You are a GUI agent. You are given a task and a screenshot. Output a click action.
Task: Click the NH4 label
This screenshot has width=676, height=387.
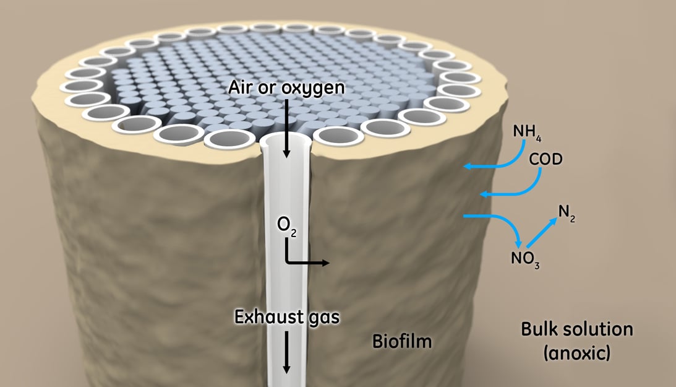coord(527,133)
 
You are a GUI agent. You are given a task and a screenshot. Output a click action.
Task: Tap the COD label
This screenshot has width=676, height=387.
coord(546,160)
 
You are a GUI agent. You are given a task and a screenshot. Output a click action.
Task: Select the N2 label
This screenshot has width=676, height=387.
coord(567,213)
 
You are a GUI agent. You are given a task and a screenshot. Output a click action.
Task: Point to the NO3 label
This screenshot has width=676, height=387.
coord(525,259)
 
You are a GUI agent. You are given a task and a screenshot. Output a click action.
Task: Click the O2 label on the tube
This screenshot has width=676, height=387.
coord(286,227)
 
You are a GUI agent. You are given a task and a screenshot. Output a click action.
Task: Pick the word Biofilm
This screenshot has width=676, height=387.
coord(401,341)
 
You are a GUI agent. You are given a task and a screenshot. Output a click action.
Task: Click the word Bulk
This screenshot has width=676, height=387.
coord(541,329)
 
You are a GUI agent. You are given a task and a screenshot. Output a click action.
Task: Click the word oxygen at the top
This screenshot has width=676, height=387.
coord(313,89)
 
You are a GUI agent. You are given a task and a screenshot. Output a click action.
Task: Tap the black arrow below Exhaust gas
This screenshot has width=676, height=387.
coord(286,353)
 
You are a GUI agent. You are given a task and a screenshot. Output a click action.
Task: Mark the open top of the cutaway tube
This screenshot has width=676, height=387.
coord(285,141)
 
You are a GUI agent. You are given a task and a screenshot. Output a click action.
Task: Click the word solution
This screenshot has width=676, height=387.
coord(599,329)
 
